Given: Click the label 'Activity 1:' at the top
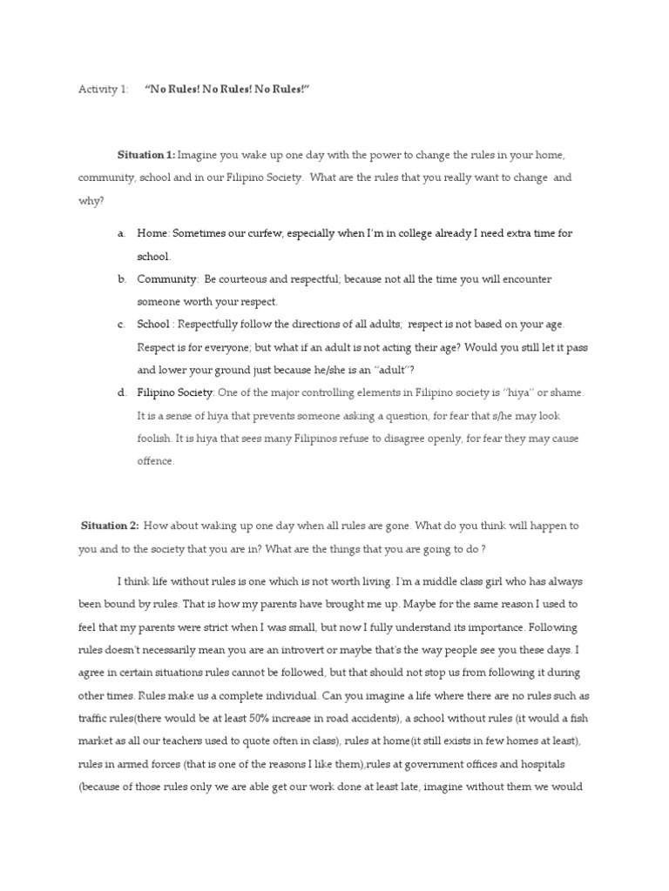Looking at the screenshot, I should click(x=103, y=90).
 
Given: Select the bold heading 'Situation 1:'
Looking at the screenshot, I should click(x=146, y=155).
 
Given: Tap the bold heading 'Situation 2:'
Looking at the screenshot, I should click(x=110, y=526).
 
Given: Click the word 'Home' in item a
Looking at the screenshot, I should click(x=152, y=234).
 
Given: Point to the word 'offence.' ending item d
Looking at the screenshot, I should click(x=156, y=461).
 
